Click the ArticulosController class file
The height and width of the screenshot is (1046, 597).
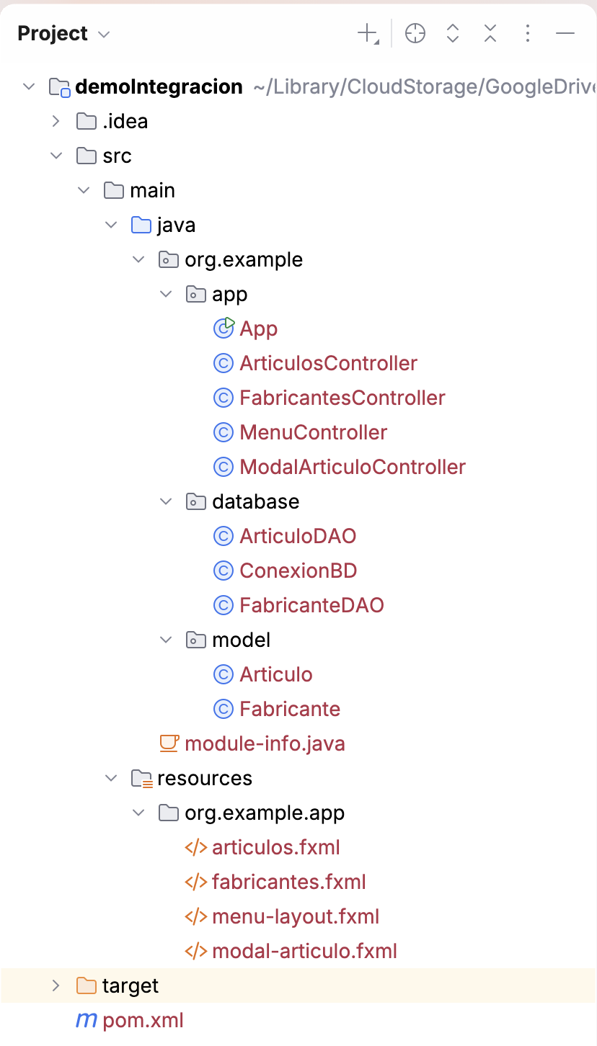click(328, 363)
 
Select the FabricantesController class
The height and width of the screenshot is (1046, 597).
click(342, 398)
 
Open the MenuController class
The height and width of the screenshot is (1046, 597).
click(313, 432)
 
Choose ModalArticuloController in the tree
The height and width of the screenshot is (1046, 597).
click(353, 467)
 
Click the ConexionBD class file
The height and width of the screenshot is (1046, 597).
click(298, 571)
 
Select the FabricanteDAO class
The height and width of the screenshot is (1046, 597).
click(311, 605)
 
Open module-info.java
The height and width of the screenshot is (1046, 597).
click(265, 743)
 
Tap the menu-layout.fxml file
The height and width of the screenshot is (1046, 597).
click(296, 916)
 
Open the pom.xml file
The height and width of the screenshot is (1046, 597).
click(143, 1020)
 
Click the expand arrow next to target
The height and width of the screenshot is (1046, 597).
click(56, 985)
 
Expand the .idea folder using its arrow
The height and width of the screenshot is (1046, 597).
click(56, 122)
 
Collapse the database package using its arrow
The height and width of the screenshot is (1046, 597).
click(166, 501)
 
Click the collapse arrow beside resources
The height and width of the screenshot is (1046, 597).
click(111, 778)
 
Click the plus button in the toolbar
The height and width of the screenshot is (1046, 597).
click(368, 34)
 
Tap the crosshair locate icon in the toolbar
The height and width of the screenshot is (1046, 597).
click(415, 34)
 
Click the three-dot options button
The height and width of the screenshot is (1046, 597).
click(528, 34)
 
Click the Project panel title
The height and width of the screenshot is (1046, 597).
click(53, 34)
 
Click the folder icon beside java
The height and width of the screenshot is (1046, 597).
click(141, 225)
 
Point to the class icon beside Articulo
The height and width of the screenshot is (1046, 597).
click(224, 674)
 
